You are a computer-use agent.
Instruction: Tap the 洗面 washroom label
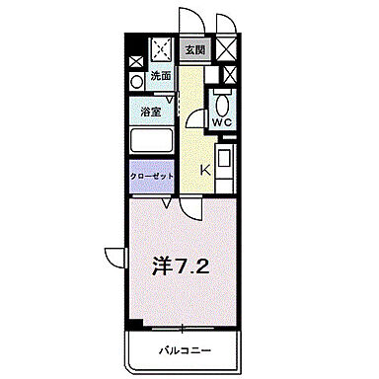pyautogui.click(x=160, y=75)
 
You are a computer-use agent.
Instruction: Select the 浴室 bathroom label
pyautogui.click(x=150, y=112)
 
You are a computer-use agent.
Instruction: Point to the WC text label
pyautogui.click(x=222, y=122)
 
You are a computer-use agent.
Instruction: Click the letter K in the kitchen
pyautogui.click(x=206, y=171)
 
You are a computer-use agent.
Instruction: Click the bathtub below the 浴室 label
pyautogui.click(x=151, y=139)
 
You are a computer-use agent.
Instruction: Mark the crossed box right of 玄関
pyautogui.click(x=227, y=47)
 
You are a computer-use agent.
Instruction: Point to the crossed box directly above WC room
pyautogui.click(x=229, y=74)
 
